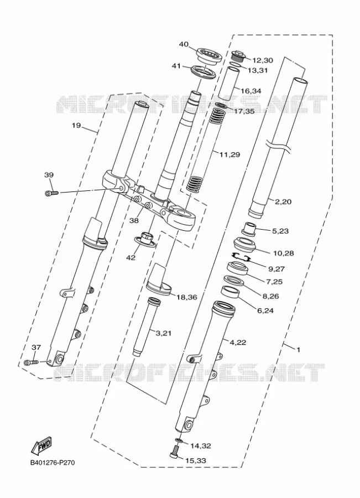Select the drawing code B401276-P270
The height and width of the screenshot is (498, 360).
point(53,463)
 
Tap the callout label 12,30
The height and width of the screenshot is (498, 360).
point(263,60)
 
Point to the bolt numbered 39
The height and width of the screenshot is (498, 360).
point(52,193)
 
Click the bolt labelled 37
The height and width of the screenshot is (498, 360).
point(31,362)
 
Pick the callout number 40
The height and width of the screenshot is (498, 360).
point(184,44)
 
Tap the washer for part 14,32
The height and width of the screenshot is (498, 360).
point(179,440)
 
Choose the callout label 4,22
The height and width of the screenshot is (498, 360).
point(238,343)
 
